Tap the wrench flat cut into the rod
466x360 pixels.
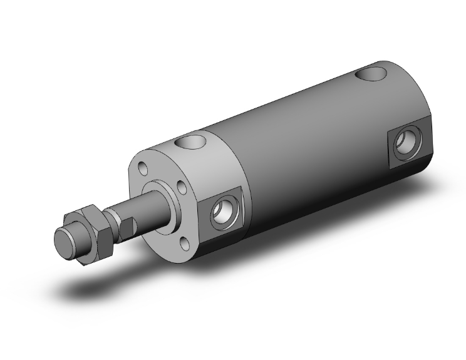125,226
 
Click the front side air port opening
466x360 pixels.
222,213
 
